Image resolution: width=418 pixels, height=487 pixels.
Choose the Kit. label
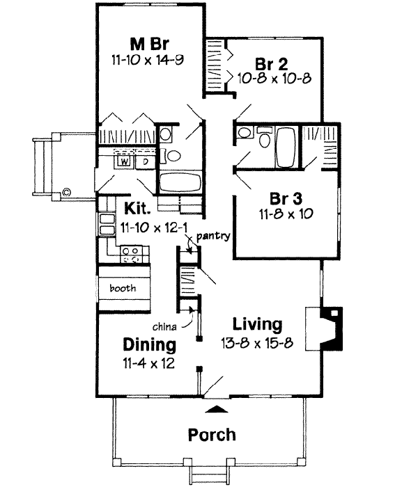point(139,207)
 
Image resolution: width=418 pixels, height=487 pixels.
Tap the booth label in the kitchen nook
point(123,287)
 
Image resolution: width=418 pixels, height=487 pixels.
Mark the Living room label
point(257,324)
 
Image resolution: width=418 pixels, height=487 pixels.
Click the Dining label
point(149,344)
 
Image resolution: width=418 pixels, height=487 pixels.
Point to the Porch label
point(212,436)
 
